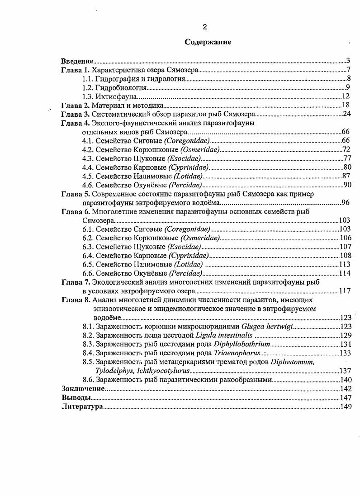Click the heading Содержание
pos(208,42)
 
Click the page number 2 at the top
pos(205,27)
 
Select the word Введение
pos(77,61)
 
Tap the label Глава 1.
pos(76,70)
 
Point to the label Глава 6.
pos(76,211)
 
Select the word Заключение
pos(82,389)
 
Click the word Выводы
pos(76,398)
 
